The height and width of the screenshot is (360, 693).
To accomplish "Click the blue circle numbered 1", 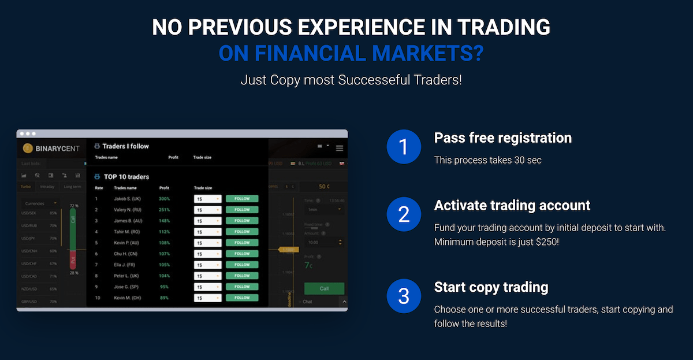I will pos(404,146).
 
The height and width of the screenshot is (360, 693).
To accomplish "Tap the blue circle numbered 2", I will pos(404,214).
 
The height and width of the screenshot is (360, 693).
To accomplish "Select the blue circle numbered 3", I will pos(404,296).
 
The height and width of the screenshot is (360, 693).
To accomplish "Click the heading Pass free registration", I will pos(502,138).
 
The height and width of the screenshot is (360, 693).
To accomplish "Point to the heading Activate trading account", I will pos(512,206).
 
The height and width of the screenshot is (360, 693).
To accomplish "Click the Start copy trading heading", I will pos(491,287).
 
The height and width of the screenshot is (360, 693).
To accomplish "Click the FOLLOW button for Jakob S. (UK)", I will pos(242,199).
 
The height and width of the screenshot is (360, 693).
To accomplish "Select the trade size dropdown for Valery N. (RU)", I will pos(207,210).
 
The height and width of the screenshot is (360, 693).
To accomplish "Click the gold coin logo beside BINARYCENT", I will pos(27,149).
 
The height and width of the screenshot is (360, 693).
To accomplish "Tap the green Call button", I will pos(324,288).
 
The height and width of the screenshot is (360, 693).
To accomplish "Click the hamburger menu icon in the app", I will pos(340,149).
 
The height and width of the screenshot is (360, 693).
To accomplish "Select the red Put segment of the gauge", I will pos(73,260).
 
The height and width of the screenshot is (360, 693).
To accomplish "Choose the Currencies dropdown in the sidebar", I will pos(40,203).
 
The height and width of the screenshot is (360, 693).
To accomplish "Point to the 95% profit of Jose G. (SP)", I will pos(165,287).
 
